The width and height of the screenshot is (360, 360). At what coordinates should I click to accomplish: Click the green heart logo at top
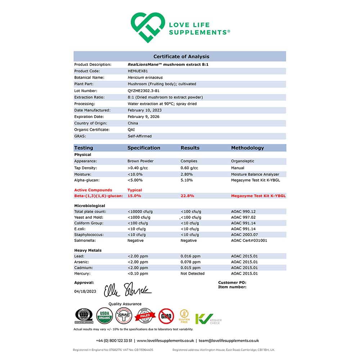pos(148,28)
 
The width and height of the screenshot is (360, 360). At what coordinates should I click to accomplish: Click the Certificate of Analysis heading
pos(181,57)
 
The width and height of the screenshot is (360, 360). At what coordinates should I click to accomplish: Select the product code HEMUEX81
pos(136,71)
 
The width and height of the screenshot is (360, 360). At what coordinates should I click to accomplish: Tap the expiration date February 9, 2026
pos(144,117)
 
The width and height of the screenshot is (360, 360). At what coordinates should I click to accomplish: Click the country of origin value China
pos(133,123)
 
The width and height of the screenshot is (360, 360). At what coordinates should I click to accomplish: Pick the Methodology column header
pos(247,148)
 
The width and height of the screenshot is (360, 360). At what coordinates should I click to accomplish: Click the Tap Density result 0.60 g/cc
pos(189,168)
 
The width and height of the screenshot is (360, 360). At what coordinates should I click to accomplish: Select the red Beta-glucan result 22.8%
pos(187,196)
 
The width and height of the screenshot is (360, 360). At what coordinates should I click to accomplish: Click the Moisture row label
pos(82,174)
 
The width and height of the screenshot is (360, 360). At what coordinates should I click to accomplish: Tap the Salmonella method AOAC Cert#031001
pos(249,240)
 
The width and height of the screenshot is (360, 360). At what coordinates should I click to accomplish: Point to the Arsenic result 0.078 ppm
pos(190,262)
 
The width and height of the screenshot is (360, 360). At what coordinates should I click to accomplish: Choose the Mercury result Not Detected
pos(192,274)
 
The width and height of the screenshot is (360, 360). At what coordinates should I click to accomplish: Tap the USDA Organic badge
pos(105,316)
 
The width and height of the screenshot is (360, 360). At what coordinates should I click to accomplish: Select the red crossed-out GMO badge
pos(166,316)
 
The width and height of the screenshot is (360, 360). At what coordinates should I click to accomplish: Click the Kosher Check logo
pos(208,319)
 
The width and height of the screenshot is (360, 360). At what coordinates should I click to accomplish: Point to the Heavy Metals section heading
pos(88,250)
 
